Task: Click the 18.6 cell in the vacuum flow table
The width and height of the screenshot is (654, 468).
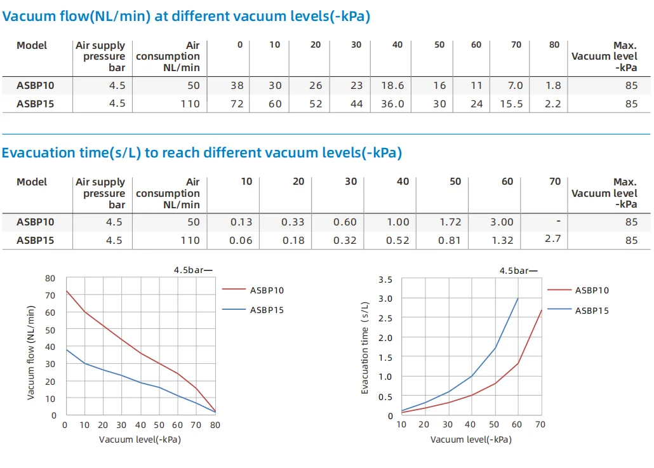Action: [393, 86]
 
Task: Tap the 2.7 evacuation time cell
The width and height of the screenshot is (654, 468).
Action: [552, 239]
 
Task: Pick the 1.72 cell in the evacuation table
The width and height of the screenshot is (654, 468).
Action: [450, 222]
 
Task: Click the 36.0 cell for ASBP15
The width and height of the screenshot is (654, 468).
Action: [392, 104]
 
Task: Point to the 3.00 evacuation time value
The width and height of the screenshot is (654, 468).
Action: [502, 222]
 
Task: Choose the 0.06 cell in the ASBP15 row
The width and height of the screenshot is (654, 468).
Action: [241, 241]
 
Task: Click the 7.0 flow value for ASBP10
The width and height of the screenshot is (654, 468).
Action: [515, 86]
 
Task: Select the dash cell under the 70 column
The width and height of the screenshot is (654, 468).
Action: [557, 222]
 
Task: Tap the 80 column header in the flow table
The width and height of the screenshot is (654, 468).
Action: [555, 45]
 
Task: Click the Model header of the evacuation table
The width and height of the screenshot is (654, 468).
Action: [32, 182]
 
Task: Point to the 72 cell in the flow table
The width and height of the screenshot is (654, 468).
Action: [237, 104]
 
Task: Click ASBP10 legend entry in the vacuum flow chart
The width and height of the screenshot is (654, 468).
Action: [267, 291]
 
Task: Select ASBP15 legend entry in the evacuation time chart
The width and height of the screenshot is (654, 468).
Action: [592, 311]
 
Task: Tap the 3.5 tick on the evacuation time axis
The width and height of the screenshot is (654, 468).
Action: [385, 279]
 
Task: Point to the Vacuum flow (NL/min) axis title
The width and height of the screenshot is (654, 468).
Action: [30, 352]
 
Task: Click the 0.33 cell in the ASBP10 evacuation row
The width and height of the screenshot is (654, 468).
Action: [293, 222]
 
